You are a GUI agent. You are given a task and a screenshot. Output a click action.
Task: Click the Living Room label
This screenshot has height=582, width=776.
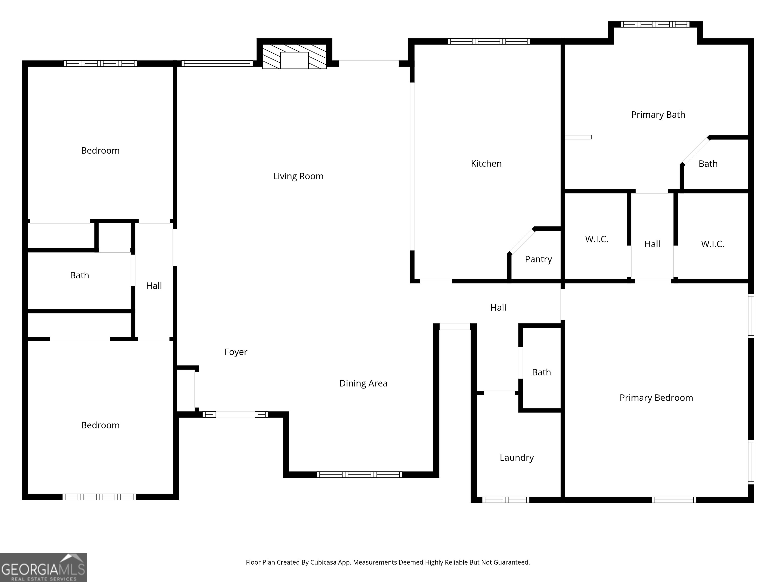click(298, 176)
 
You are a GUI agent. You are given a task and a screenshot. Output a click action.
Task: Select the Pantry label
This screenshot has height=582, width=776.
click(538, 259)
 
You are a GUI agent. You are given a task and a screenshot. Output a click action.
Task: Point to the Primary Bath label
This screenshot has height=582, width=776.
click(658, 115)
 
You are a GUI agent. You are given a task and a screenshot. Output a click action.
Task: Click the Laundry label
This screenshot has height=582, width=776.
click(516, 457)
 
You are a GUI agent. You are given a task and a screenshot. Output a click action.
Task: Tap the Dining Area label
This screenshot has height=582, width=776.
click(363, 383)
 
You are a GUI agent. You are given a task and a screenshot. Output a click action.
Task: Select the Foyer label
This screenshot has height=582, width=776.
click(236, 352)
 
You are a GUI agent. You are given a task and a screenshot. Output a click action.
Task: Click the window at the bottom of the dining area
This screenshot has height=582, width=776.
click(359, 475)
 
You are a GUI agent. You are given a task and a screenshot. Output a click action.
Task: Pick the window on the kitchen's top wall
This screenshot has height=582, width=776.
click(489, 41)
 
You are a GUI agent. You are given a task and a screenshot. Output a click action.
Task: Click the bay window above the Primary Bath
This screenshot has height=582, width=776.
click(654, 24)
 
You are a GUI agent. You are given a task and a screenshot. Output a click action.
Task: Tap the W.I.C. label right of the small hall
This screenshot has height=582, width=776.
click(713, 244)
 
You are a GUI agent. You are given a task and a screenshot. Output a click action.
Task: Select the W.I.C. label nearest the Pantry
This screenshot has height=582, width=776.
click(596, 239)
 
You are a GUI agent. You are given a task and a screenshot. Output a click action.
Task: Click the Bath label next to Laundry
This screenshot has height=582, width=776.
click(541, 372)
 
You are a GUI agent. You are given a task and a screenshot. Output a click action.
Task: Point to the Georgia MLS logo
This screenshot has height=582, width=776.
click(43, 567)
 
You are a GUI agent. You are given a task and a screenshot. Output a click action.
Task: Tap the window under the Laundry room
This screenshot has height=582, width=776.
click(505, 500)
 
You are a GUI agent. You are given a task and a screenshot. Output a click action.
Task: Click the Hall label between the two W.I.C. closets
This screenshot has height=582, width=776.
click(652, 244)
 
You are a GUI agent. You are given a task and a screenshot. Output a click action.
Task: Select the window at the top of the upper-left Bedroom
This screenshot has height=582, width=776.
click(100, 63)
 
